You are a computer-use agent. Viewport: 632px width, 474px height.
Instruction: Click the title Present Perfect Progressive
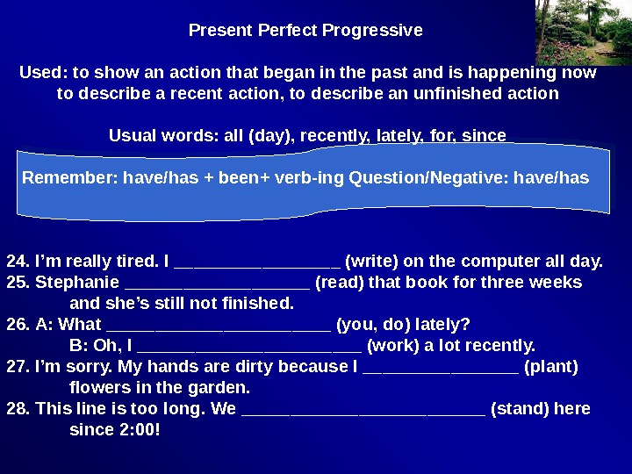click(305, 31)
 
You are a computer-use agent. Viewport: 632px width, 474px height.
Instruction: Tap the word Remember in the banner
click(70, 178)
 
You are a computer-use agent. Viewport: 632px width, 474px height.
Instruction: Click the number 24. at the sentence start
click(18, 261)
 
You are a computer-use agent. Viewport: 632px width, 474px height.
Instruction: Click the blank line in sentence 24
click(257, 262)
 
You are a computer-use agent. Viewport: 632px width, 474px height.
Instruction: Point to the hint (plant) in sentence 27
click(550, 366)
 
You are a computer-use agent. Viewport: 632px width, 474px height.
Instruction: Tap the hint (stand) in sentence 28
click(519, 409)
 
